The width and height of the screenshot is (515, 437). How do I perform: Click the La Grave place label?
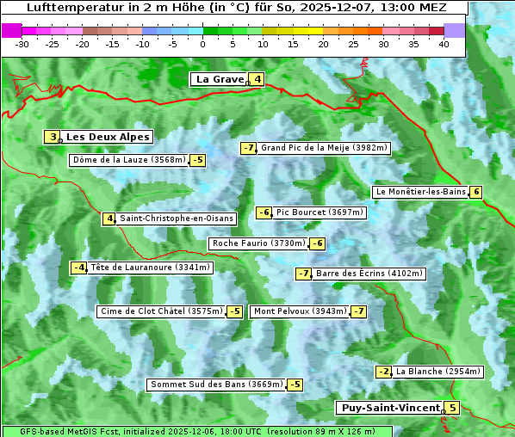[x=220, y=79]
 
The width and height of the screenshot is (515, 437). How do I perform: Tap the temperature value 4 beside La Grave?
[x=257, y=79]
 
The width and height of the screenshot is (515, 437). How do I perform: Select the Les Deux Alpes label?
[x=109, y=137]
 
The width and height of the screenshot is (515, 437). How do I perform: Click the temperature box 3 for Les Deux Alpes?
[x=53, y=137]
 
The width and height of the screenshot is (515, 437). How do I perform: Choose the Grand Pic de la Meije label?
[x=325, y=148]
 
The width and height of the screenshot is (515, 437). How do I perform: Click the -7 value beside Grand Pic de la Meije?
[x=249, y=148]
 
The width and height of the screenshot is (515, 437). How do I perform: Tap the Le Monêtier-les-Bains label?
[x=420, y=192]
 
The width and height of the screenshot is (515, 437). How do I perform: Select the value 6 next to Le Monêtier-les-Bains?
[x=475, y=192]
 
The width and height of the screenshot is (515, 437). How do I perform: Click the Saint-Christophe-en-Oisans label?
[x=177, y=218]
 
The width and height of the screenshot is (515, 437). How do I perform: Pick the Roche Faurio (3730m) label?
[x=258, y=243]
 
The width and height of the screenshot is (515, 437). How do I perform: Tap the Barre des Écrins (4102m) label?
[x=369, y=274]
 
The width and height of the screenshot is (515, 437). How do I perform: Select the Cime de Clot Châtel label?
[x=161, y=311]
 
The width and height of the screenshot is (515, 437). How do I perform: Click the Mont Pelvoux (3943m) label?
[x=301, y=311]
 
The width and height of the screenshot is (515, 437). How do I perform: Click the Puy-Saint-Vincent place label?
[x=389, y=408]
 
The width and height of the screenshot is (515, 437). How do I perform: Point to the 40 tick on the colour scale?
[x=444, y=43]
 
